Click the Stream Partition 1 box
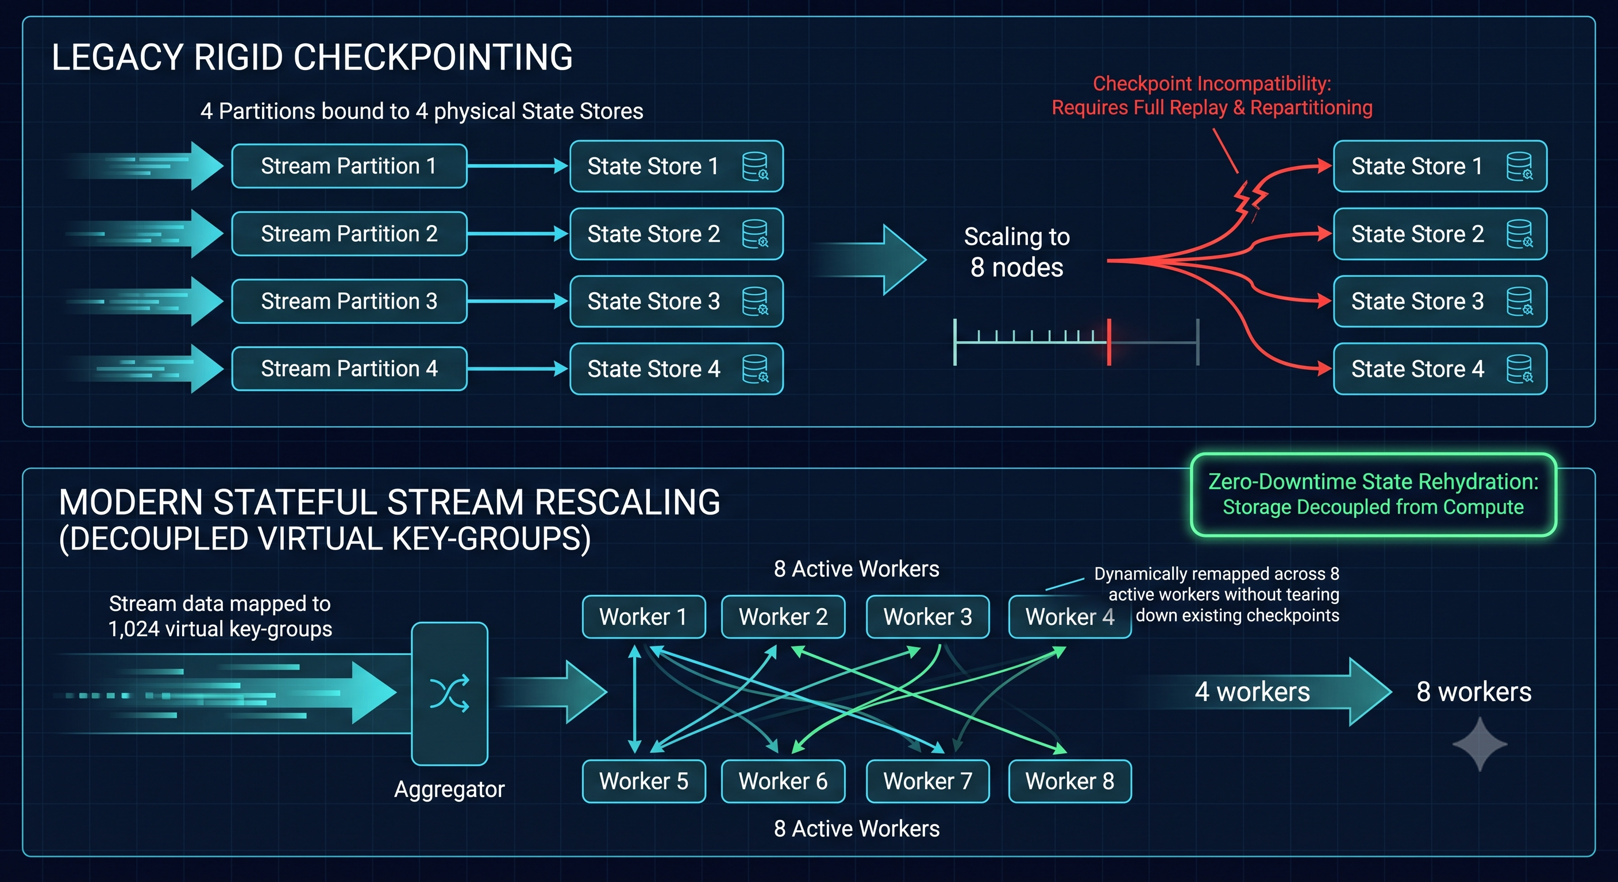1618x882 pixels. pyautogui.click(x=349, y=166)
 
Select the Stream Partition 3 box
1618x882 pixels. pyautogui.click(x=349, y=301)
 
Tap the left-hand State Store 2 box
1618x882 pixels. pyautogui.click(x=676, y=234)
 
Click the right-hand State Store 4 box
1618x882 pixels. pyautogui.click(x=1440, y=369)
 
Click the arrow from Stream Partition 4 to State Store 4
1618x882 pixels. pyautogui.click(x=518, y=369)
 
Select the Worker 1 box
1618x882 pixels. pyautogui.click(x=644, y=617)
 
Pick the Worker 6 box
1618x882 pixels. pyautogui.click(x=783, y=782)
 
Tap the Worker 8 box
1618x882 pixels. pyautogui.click(x=1070, y=782)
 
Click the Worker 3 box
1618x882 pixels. pyautogui.click(x=928, y=617)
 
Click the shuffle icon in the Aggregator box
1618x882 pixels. pyautogui.click(x=450, y=693)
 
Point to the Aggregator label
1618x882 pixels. pyautogui.click(x=449, y=789)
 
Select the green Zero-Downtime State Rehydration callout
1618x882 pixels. pyautogui.click(x=1374, y=494)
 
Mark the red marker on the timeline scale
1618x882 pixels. pyautogui.click(x=1110, y=342)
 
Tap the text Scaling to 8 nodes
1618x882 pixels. pyautogui.click(x=1017, y=252)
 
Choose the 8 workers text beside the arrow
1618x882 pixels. pyautogui.click(x=1474, y=692)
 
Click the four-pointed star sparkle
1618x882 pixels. pyautogui.click(x=1480, y=745)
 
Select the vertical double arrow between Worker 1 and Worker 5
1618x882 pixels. pyautogui.click(x=634, y=699)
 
